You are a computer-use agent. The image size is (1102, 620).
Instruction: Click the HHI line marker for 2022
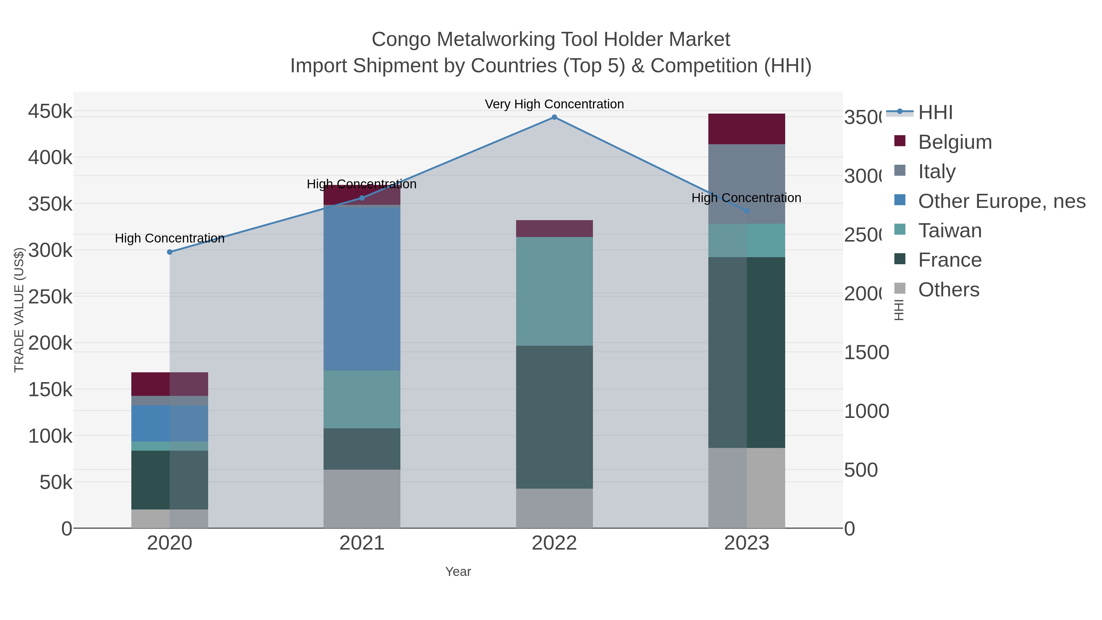(x=554, y=117)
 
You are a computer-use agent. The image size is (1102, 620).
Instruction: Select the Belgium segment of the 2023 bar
(x=747, y=129)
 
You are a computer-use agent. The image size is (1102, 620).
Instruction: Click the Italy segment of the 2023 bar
(x=747, y=184)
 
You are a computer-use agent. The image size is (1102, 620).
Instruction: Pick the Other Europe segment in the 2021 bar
(x=362, y=287)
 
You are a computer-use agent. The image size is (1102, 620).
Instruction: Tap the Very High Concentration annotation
(x=554, y=104)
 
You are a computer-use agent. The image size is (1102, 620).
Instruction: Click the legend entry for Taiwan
(x=949, y=231)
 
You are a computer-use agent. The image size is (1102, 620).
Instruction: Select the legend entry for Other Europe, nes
(x=1001, y=201)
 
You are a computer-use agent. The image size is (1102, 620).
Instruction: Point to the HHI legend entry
(x=935, y=113)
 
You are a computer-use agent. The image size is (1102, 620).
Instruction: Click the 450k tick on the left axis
(x=50, y=112)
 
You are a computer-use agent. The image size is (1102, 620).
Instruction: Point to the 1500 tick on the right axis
(x=866, y=353)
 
